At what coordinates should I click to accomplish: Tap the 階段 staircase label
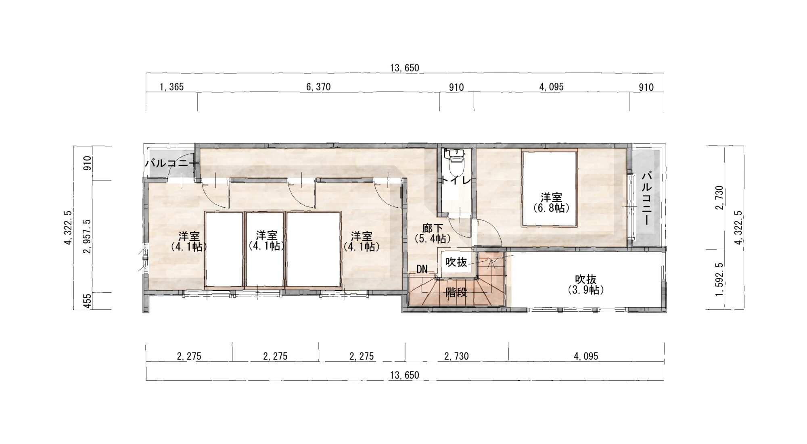click(456, 292)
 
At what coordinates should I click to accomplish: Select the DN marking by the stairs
click(422, 269)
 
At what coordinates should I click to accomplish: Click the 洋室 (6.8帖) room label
click(551, 202)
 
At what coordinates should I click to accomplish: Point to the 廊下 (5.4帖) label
click(433, 233)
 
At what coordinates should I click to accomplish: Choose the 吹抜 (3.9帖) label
click(586, 284)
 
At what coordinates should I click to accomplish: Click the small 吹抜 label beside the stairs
click(456, 262)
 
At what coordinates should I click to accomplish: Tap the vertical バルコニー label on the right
click(646, 198)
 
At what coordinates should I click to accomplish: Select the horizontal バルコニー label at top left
click(172, 163)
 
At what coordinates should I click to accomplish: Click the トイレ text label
click(456, 181)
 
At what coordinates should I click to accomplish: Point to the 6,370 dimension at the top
click(318, 87)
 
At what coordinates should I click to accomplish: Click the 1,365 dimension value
click(171, 87)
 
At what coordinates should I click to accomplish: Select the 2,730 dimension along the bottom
click(456, 356)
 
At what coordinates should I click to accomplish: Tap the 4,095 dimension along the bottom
click(586, 356)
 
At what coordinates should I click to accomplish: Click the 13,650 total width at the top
click(405, 68)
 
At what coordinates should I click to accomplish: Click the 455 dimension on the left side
click(87, 301)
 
